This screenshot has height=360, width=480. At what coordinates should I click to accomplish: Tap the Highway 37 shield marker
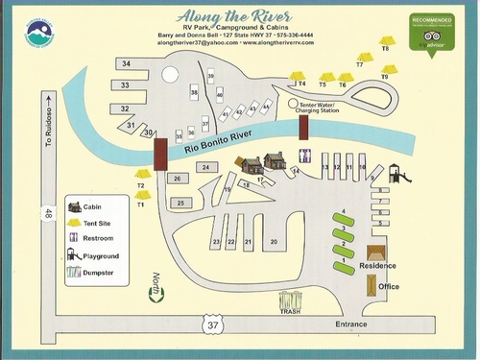pos(212,326)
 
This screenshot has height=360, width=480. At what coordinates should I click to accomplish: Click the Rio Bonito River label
pos(221,145)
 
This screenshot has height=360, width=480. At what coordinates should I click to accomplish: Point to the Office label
pos(389,287)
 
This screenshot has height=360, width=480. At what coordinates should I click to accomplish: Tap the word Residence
pos(377,265)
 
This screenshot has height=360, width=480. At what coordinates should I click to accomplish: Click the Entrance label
pos(350,324)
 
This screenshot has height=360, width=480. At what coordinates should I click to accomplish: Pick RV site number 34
pos(127,63)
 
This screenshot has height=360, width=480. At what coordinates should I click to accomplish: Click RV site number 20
pos(274,243)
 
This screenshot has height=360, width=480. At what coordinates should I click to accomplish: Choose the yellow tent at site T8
pos(385,42)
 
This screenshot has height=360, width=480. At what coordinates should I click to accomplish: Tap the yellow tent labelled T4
pos(298,77)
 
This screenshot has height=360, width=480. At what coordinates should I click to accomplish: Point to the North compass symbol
pos(152,285)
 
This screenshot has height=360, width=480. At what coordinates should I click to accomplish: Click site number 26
pos(177,179)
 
